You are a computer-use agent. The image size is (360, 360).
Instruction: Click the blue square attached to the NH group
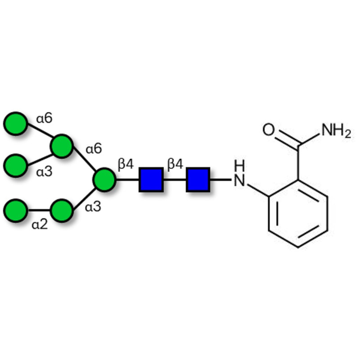[x=198, y=179]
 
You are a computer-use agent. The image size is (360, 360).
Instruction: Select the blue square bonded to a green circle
[x=151, y=179]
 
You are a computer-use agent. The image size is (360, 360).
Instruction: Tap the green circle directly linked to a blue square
[x=104, y=179]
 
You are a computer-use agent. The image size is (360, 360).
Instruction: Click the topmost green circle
[x=16, y=122]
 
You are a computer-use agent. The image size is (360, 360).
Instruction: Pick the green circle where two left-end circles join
[x=62, y=146]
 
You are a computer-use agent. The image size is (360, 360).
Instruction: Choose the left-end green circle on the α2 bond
[x=16, y=210]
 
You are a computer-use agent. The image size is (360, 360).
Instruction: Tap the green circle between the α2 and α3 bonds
[x=62, y=210]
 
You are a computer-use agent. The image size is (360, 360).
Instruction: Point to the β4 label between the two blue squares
[x=175, y=164]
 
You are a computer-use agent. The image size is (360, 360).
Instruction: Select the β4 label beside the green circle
[x=126, y=164]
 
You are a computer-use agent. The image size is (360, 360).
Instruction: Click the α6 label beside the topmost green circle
[x=45, y=118]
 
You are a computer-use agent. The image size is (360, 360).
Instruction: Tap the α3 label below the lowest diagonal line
[x=93, y=208]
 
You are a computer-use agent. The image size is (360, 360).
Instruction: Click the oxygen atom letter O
[x=268, y=130]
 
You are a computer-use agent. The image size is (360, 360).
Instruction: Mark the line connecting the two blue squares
[x=174, y=179]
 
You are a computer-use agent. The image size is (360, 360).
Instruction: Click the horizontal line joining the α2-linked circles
[x=39, y=210]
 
